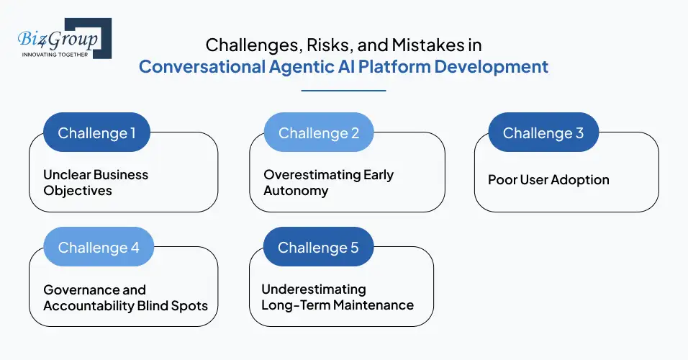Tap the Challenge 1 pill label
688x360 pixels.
(96, 133)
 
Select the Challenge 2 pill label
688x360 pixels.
(318, 133)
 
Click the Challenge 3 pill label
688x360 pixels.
(543, 133)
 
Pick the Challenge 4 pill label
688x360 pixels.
(99, 248)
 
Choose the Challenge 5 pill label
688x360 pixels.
(318, 248)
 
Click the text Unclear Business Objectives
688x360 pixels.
(96, 182)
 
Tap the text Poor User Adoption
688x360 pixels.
(548, 179)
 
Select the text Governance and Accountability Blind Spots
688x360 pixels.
(125, 297)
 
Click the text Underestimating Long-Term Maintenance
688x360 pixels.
(337, 297)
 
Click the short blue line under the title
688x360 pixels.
(343, 91)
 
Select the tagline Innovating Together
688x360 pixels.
(55, 54)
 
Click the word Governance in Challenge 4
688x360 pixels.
(74, 289)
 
